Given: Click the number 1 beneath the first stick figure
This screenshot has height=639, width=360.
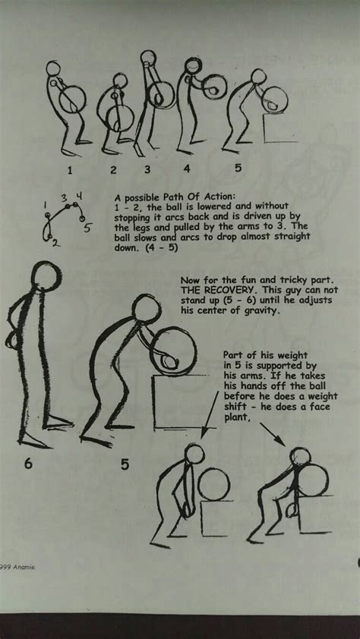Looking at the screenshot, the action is click(x=70, y=170).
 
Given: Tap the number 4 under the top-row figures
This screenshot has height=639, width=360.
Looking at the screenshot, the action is click(x=187, y=168).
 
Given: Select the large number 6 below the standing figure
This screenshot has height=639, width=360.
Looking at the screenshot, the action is click(x=28, y=464).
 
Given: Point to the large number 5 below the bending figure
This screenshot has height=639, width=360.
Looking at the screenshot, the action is click(x=125, y=464).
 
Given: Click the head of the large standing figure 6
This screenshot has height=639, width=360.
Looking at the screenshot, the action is click(x=46, y=277).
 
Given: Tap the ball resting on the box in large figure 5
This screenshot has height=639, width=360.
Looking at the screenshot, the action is click(x=173, y=351).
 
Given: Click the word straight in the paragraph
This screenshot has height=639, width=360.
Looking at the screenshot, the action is click(x=292, y=236).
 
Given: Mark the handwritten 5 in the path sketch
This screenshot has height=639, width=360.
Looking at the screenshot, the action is click(x=87, y=228).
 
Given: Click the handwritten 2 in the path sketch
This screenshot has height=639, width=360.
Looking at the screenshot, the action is click(x=56, y=244).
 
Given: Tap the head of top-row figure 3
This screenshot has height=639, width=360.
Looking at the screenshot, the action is click(x=148, y=58).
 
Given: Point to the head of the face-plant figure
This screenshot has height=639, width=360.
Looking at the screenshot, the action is click(x=301, y=456).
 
